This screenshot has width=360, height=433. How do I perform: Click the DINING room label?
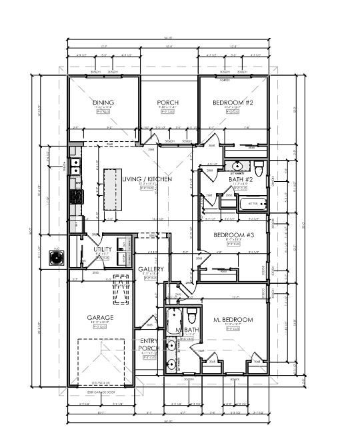click(104, 103)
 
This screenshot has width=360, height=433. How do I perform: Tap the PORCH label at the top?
click(167, 103)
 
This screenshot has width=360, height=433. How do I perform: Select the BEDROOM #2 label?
click(233, 103)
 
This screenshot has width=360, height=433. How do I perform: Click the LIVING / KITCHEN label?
click(148, 179)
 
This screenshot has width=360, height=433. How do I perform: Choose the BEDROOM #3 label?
click(233, 235)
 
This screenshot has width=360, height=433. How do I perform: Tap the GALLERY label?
click(151, 269)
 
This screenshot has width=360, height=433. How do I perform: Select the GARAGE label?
click(100, 318)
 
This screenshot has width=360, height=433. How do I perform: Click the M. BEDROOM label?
click(233, 320)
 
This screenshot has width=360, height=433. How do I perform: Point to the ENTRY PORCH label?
click(149, 344)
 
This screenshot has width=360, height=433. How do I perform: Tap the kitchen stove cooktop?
click(76, 197)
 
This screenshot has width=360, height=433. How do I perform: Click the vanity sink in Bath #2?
click(236, 166)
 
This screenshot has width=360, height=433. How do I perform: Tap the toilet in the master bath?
click(192, 313)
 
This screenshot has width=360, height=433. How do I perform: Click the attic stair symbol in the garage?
click(121, 288)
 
